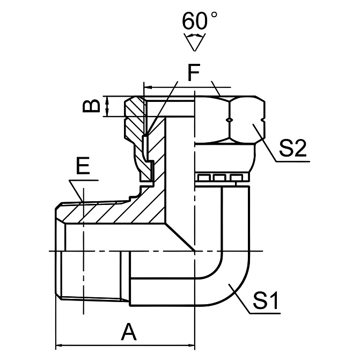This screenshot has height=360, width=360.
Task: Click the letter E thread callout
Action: (x=82, y=167)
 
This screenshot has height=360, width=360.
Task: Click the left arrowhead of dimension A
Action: (x=60, y=346)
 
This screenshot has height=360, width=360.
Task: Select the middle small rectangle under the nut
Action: (x=218, y=178)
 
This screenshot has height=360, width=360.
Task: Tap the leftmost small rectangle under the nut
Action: (x=203, y=178)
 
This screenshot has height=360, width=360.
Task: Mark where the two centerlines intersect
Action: (x=194, y=251)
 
